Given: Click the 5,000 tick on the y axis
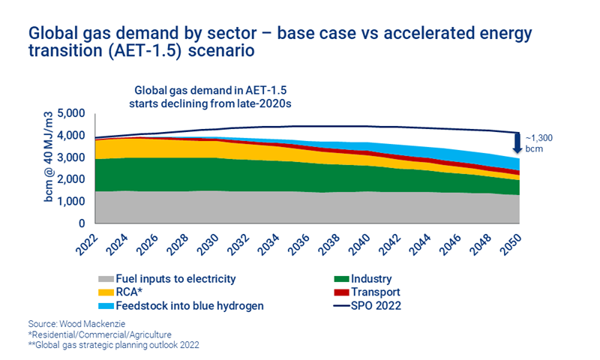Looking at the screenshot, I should (x=70, y=114).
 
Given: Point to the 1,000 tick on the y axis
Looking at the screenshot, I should (x=70, y=202).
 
